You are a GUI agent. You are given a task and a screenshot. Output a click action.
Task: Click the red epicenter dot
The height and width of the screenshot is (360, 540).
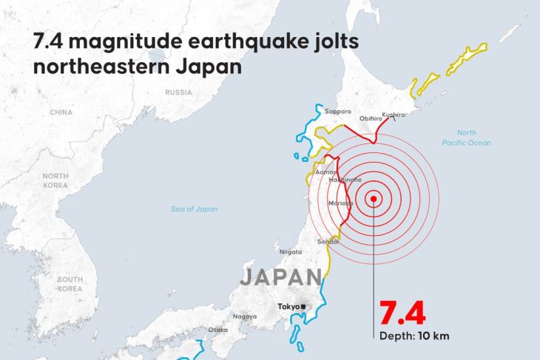374,198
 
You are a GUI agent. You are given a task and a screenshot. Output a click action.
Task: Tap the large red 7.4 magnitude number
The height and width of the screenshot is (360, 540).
402,313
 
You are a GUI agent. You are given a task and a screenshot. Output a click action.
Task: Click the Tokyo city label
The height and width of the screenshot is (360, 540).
288,307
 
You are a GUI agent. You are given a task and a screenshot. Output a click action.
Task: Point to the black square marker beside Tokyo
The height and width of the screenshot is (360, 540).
303,307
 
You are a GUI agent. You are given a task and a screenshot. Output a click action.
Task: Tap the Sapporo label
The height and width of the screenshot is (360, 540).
337,111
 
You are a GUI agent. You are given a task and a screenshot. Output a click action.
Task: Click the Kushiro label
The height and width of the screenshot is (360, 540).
394,115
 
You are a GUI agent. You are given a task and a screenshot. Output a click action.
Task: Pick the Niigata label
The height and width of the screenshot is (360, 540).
291,251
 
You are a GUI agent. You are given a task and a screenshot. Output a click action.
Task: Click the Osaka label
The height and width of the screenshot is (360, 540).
218,330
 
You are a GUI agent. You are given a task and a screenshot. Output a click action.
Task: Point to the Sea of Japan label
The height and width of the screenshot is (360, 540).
195,209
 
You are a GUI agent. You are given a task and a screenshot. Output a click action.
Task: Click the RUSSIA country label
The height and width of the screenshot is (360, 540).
178,92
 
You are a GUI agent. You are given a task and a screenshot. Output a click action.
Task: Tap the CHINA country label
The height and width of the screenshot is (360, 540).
61,112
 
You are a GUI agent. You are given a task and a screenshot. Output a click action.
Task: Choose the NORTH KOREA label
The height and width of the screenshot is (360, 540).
55,180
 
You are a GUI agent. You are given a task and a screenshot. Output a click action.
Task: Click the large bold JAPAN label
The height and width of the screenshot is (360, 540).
280,278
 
